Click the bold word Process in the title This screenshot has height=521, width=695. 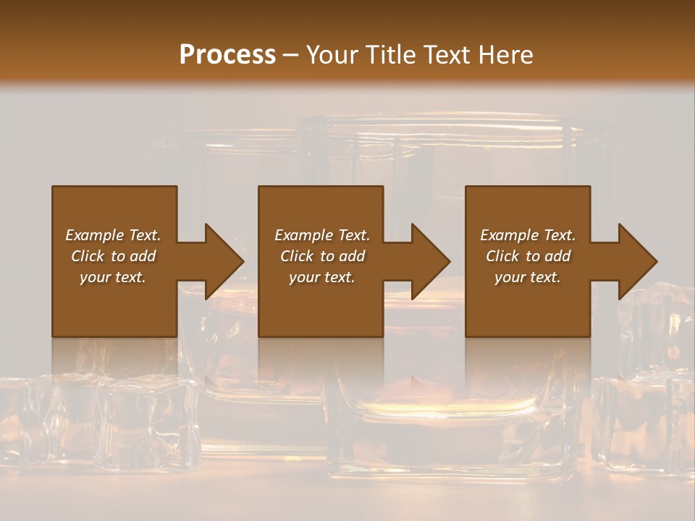227,55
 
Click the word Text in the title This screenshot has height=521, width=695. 446,55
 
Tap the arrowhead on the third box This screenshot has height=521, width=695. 635,261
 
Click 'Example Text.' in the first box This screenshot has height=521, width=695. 113,235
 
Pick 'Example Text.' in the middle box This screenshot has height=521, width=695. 322,235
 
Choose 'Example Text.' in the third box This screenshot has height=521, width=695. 528,235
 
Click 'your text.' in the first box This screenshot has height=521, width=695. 113,277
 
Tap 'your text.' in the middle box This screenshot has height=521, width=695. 322,277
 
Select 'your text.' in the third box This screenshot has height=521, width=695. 528,277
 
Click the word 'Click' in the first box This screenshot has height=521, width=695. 87,256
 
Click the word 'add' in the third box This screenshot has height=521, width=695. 558,256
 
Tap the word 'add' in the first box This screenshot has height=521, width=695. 143,256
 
